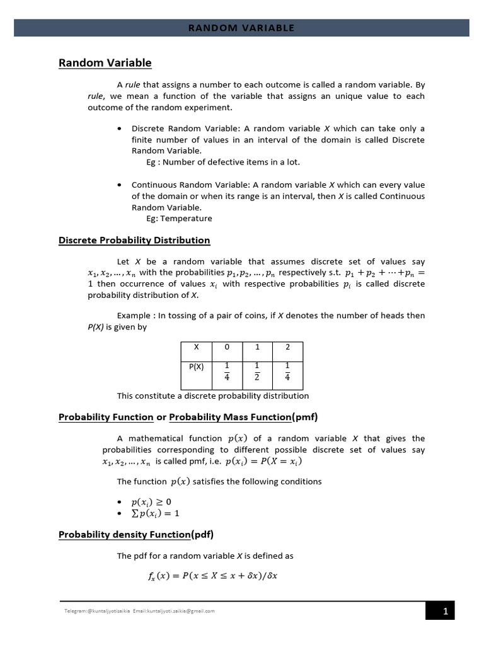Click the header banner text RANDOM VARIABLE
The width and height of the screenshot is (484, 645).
click(242, 28)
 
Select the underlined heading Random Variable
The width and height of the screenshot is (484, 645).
click(105, 62)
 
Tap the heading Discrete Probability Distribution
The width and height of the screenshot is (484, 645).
click(134, 240)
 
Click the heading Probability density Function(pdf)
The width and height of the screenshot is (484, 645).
click(136, 535)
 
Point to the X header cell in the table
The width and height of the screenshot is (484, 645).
click(195, 346)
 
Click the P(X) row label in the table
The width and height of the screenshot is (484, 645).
click(196, 367)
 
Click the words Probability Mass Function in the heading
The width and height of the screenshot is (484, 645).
click(231, 416)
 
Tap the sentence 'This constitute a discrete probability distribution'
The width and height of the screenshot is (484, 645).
click(213, 396)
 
